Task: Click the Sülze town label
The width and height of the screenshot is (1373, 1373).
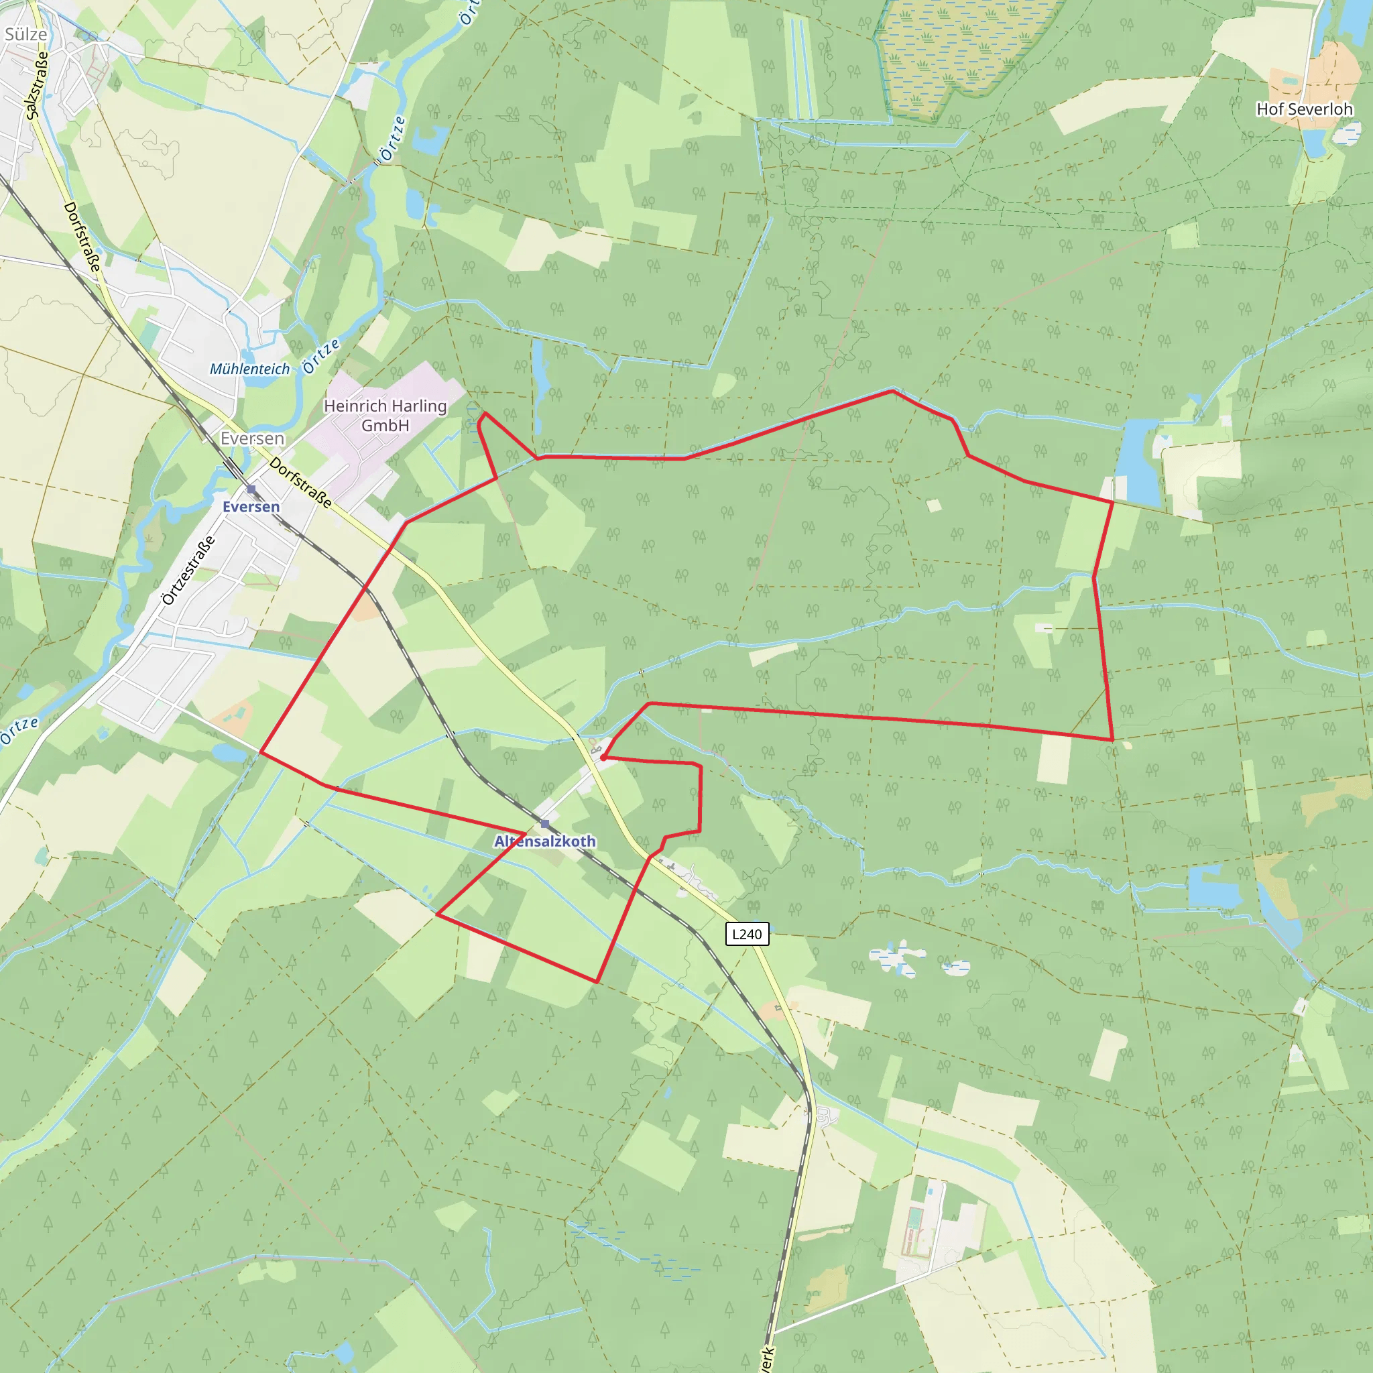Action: [25, 34]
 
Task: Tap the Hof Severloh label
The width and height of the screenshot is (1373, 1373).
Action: [1304, 109]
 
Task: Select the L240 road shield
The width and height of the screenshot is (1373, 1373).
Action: [746, 934]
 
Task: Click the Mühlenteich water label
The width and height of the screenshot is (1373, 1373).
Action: [249, 369]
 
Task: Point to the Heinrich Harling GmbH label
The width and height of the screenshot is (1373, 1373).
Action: [385, 415]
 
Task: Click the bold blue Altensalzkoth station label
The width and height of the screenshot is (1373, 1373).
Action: [545, 841]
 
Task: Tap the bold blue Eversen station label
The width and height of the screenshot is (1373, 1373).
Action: [251, 507]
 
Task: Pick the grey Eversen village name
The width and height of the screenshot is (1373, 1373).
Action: [252, 438]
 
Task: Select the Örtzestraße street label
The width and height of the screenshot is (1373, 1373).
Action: [188, 570]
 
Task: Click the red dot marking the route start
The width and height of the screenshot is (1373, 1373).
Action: [603, 758]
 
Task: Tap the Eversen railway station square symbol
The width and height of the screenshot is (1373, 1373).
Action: [251, 489]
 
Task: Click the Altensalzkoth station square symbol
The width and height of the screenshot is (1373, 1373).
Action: [545, 824]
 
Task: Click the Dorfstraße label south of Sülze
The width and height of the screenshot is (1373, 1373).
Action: [82, 236]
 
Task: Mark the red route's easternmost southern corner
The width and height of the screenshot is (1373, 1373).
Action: [1112, 740]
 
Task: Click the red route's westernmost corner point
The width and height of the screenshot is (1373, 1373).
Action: [261, 751]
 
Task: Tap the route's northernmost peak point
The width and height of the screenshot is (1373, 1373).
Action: [892, 390]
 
